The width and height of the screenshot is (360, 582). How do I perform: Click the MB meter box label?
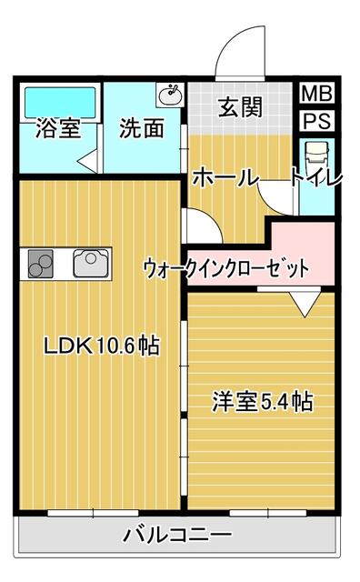(316, 93)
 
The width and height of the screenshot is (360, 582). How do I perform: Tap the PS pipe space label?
(316, 121)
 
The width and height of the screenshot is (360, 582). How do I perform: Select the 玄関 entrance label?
(240, 107)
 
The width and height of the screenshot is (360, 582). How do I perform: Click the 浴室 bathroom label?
(58, 128)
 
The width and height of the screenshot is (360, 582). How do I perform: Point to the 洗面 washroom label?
(142, 128)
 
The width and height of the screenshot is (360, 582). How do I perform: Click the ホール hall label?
(225, 177)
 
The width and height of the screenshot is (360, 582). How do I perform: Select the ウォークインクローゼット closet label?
(226, 268)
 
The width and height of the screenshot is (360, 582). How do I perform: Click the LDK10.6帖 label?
(102, 346)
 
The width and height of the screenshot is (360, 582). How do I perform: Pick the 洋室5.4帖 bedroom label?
(263, 401)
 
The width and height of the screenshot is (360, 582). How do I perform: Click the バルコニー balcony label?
(178, 535)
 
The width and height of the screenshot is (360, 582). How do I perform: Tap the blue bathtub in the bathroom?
(60, 102)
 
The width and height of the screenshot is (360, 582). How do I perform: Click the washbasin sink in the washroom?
(171, 95)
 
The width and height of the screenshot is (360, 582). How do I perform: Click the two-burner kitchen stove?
(40, 264)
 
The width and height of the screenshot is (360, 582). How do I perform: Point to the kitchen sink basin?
(91, 263)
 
